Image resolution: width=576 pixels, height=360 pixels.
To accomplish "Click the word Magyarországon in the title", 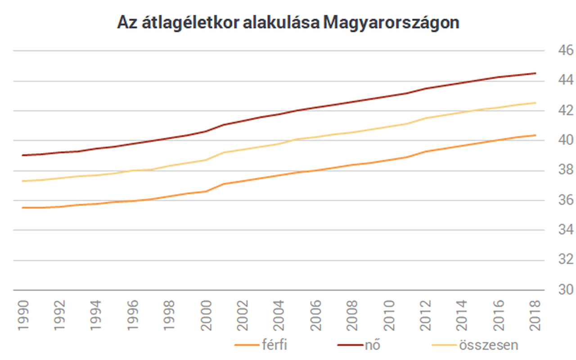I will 391,22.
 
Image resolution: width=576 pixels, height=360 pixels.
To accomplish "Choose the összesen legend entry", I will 488,345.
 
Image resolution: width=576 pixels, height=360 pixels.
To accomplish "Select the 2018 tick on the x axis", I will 535,314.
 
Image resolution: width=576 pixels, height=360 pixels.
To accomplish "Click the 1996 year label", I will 132,314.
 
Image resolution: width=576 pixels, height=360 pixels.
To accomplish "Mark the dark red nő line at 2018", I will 535,73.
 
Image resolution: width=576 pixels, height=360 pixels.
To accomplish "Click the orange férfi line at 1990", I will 22,207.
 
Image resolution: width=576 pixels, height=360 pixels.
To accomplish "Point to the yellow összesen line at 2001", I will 224,152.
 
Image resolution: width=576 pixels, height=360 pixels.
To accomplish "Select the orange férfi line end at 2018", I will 535,135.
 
